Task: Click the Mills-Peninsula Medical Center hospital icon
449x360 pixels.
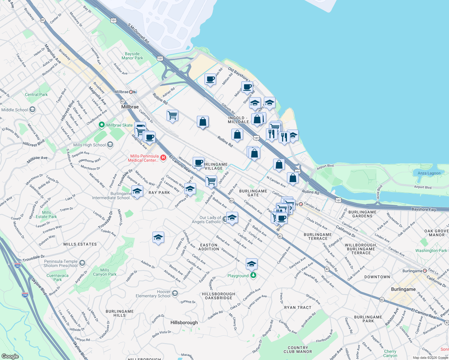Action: (x=163, y=157)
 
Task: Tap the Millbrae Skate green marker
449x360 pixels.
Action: (x=102, y=125)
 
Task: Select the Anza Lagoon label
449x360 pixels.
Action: (x=429, y=173)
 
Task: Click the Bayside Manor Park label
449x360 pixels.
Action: (x=132, y=56)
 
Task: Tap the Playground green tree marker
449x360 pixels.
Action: (x=253, y=275)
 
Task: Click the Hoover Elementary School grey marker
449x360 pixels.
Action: (x=175, y=293)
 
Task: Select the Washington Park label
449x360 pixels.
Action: (x=431, y=250)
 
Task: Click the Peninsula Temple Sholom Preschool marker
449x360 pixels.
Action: (x=82, y=263)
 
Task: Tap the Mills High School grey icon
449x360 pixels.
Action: (x=110, y=145)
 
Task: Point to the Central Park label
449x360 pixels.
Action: (x=36, y=94)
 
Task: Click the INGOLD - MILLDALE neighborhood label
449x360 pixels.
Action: (x=238, y=120)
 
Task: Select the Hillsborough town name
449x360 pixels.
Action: (x=184, y=322)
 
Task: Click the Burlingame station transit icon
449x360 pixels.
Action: (x=425, y=271)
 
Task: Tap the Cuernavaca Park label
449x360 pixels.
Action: (x=57, y=277)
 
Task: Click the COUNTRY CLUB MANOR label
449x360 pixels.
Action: (x=298, y=349)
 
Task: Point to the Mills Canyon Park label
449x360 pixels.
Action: (x=104, y=272)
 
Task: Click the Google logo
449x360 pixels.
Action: (x=10, y=356)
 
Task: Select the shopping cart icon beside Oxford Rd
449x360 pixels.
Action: (x=211, y=181)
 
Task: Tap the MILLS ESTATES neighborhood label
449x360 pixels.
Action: (x=80, y=244)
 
